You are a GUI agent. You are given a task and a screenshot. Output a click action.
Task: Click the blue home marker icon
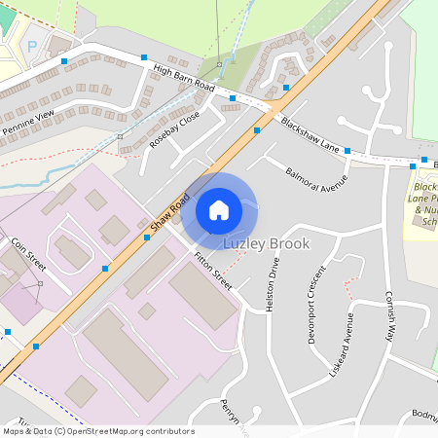point(219,209)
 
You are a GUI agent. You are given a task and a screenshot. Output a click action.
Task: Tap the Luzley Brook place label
point(267,243)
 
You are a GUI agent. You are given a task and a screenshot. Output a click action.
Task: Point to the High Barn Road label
point(184,78)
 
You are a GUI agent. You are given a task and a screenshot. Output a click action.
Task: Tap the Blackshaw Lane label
point(310,133)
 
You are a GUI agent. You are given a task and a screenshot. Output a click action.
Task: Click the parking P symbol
point(31,46)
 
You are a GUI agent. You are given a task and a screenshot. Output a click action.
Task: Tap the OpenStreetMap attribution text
point(97,431)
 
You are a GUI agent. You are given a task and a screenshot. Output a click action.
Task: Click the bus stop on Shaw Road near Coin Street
point(105,268)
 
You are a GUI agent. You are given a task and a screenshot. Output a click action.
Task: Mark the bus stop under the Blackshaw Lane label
point(347,151)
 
